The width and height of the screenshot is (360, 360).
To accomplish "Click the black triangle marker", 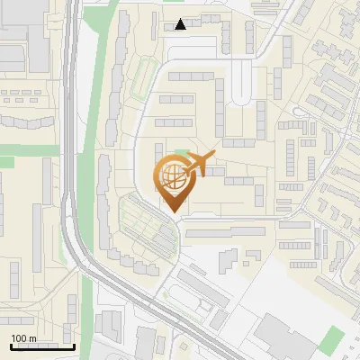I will tap(181, 24).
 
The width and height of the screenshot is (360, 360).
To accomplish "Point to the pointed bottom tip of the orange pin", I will tap(174, 213).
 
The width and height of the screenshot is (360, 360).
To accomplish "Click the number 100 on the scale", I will tap(20, 338).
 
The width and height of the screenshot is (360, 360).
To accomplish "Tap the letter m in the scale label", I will tap(33, 338).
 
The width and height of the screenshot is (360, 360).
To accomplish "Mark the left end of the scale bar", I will tap(10, 346).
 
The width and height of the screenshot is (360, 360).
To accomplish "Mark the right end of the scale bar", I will tap(75, 346).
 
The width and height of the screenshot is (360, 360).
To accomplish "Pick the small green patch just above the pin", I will tap(183, 155).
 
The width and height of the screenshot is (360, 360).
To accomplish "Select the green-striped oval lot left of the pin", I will tap(146, 225).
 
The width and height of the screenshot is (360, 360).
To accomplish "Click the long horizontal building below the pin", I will tap(224, 232).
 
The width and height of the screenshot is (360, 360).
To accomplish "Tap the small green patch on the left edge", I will tap(6, 162).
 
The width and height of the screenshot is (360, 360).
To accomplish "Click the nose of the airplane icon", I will tap(217, 156).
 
